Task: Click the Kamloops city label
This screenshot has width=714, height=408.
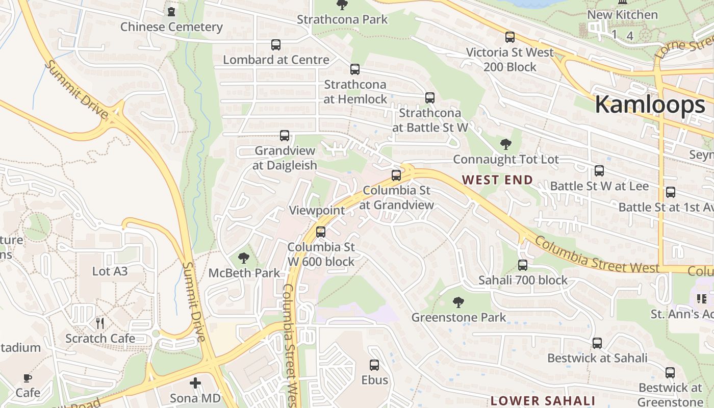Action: pyautogui.click(x=650, y=105)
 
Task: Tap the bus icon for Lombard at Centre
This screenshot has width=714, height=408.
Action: pyautogui.click(x=276, y=45)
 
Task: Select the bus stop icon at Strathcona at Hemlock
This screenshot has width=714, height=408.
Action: pyautogui.click(x=355, y=69)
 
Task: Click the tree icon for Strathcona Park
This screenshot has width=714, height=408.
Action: pyautogui.click(x=342, y=5)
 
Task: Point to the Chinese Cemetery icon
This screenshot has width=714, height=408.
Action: pyautogui.click(x=171, y=11)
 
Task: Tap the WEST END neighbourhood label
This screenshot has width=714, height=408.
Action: pyautogui.click(x=497, y=180)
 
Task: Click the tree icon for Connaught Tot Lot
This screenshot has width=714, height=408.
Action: pyautogui.click(x=505, y=144)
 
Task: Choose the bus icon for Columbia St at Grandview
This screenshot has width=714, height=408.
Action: pyautogui.click(x=396, y=175)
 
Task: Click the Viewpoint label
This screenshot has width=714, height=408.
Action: pyautogui.click(x=317, y=210)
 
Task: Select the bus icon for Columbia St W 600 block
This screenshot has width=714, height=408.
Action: pyautogui.click(x=321, y=232)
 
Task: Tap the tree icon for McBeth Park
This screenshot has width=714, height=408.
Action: pyautogui.click(x=244, y=258)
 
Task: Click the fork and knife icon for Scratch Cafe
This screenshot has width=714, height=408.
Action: pyautogui.click(x=100, y=323)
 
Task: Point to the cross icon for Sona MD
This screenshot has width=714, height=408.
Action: pyautogui.click(x=195, y=382)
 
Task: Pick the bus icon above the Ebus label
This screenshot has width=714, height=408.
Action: pyautogui.click(x=374, y=365)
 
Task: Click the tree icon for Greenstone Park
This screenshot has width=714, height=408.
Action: pyautogui.click(x=458, y=302)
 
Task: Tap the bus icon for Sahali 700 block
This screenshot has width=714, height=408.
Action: pyautogui.click(x=523, y=265)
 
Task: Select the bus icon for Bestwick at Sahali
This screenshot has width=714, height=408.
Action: pyautogui.click(x=597, y=343)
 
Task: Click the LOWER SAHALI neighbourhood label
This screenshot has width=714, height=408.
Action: pyautogui.click(x=543, y=400)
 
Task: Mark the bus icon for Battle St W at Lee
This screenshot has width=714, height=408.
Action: pyautogui.click(x=599, y=171)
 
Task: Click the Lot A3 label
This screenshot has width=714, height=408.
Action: pyautogui.click(x=110, y=271)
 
